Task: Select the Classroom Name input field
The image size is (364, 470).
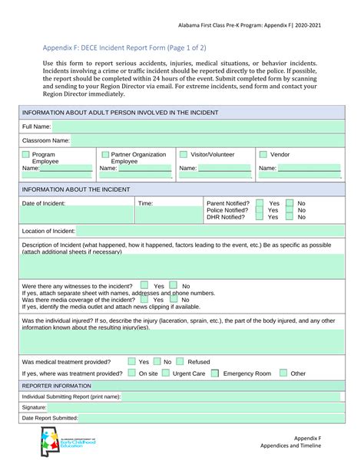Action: tap(207, 140)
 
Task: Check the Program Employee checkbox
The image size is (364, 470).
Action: tap(26, 155)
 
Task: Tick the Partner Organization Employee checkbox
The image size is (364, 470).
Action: tap(104, 155)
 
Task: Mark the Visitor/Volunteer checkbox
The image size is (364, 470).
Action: tap(184, 155)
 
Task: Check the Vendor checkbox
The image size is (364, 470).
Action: tap(263, 155)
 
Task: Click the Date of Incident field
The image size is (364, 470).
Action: tap(77, 215)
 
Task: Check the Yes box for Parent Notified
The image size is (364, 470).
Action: tap(260, 204)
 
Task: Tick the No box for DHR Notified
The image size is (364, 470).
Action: tap(290, 218)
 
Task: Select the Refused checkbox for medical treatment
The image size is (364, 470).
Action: tap(180, 361)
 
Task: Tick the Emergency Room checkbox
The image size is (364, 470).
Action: tap(214, 373)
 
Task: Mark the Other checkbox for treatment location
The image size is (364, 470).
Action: tap(283, 373)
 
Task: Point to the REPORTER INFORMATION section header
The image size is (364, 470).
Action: tap(57, 386)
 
